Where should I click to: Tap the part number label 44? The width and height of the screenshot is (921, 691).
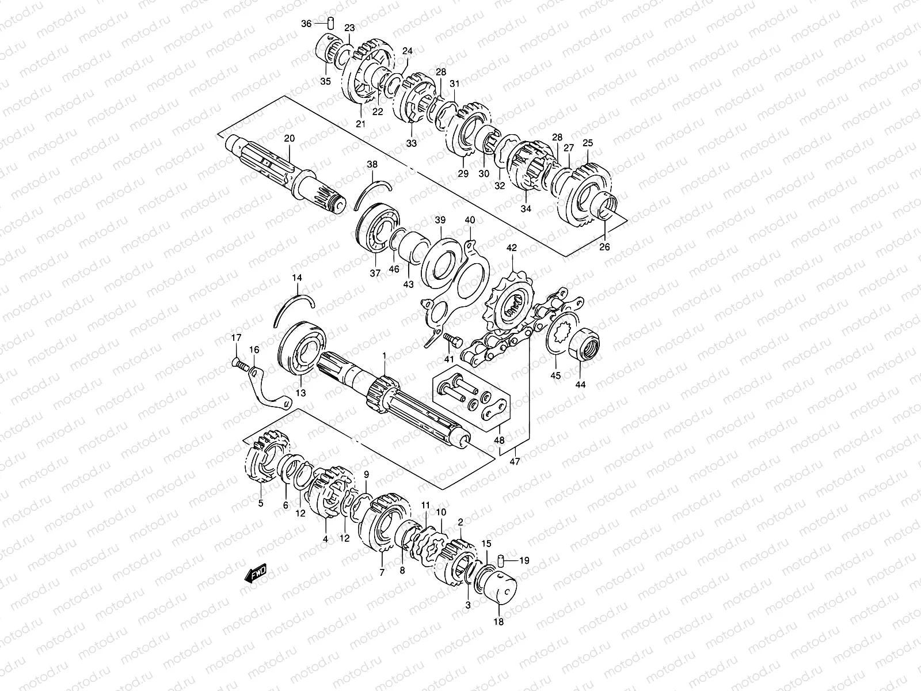[x=580, y=384]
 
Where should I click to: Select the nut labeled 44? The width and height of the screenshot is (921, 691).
[x=585, y=344]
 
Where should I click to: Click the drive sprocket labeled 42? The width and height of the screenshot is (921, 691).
[x=509, y=306]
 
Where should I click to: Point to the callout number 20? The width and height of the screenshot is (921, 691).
[x=289, y=138]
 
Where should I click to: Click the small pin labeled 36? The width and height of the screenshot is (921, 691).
[x=331, y=24]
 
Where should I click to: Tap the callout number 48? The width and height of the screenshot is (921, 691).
[x=500, y=441]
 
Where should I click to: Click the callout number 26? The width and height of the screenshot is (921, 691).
[x=604, y=248]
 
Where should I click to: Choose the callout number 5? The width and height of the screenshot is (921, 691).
[x=260, y=503]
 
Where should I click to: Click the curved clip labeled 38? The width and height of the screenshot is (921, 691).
[x=371, y=193]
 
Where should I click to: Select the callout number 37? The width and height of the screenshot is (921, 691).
[x=375, y=274]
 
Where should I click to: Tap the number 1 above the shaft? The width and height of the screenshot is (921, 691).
[x=385, y=358]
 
